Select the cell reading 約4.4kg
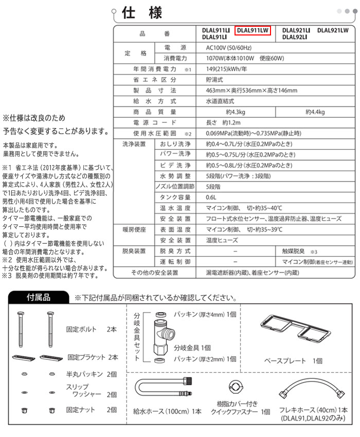click(315, 112)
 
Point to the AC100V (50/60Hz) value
click(231, 47)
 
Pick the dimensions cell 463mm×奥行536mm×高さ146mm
click(251, 90)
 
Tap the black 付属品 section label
click(39, 298)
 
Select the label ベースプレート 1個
click(294, 361)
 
